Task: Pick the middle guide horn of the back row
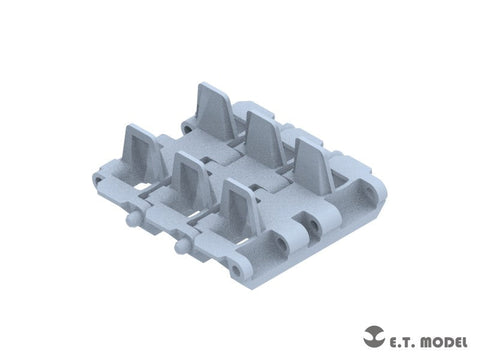pyautogui.click(x=263, y=138)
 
